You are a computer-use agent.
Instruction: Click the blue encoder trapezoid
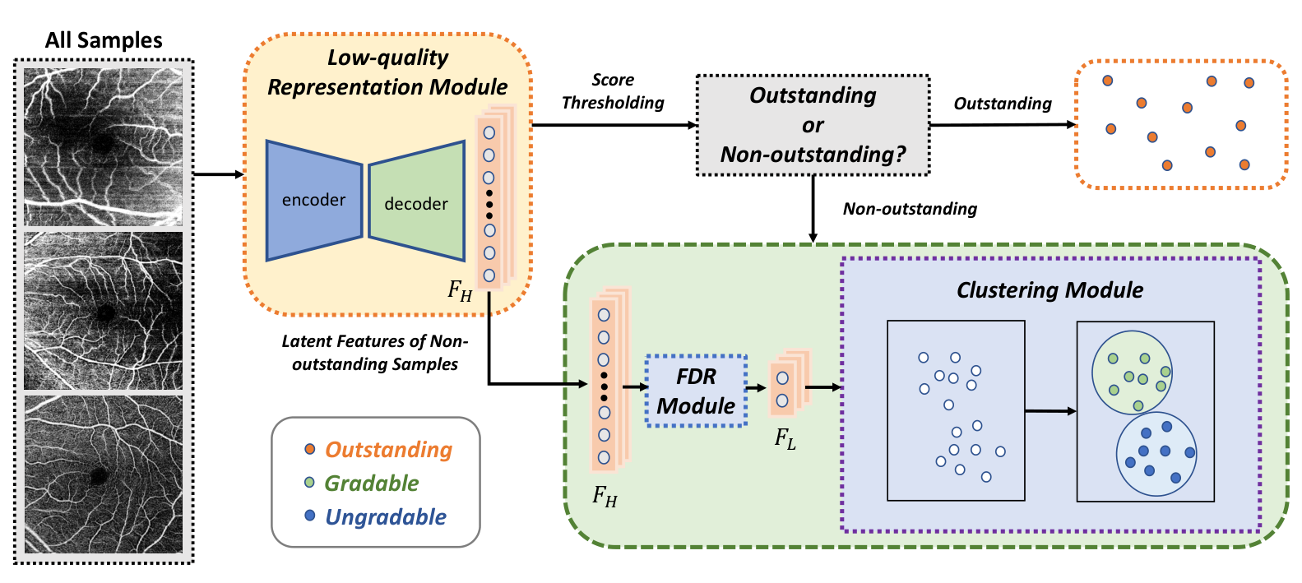click(314, 201)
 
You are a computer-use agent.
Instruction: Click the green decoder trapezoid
click(417, 201)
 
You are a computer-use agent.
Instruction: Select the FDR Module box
click(697, 391)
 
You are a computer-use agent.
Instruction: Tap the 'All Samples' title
click(104, 40)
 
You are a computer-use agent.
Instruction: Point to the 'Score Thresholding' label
click(613, 91)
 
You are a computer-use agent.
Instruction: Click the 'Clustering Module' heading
click(1049, 290)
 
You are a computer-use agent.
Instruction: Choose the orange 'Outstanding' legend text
click(388, 450)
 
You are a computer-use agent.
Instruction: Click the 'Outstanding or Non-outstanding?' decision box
click(813, 125)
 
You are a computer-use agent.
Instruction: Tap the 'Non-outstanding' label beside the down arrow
click(910, 209)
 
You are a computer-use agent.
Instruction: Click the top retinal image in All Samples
click(103, 147)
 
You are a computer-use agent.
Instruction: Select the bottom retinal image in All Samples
click(103, 474)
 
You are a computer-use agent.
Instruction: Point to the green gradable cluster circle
click(1132, 372)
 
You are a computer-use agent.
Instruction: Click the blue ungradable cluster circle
click(1156, 454)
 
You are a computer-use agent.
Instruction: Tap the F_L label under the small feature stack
click(785, 439)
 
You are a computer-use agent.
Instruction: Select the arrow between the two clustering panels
click(1050, 411)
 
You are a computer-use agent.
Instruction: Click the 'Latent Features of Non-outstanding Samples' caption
click(375, 353)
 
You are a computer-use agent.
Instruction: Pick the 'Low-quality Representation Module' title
click(387, 72)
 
